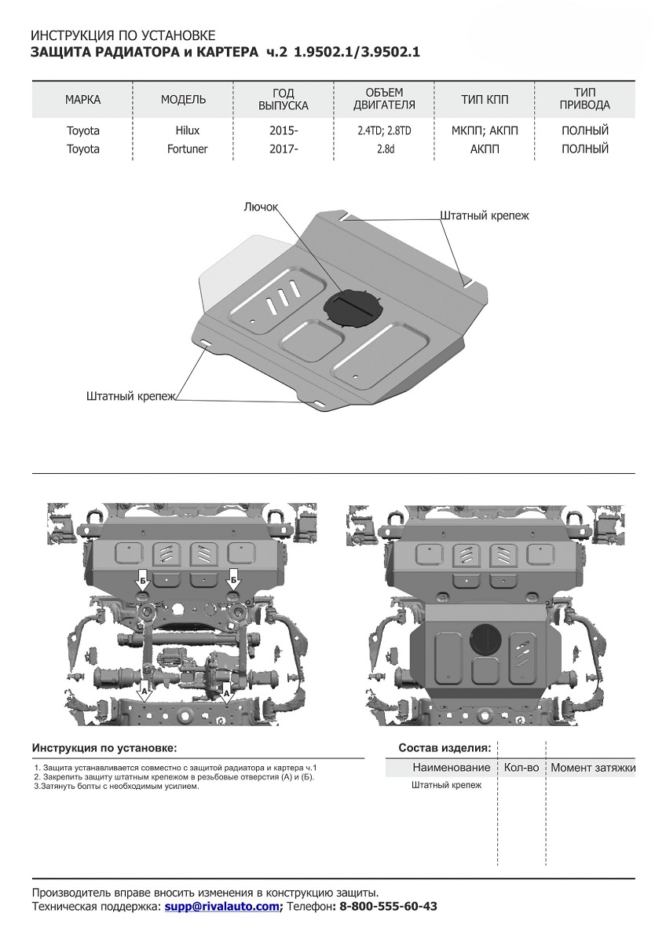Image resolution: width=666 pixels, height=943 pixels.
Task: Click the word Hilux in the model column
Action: (x=183, y=130)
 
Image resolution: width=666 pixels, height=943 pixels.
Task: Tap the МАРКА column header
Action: (x=82, y=99)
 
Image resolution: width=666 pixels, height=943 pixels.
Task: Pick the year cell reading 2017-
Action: (x=284, y=149)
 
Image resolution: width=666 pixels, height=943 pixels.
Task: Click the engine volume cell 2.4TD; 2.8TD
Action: (x=384, y=130)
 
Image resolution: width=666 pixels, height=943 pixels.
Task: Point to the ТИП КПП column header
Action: (x=485, y=99)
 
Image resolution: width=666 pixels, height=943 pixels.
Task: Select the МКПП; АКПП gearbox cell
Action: (x=485, y=130)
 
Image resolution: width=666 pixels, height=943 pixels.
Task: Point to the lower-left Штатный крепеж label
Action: (x=132, y=397)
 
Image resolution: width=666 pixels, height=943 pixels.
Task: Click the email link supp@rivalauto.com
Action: (x=222, y=906)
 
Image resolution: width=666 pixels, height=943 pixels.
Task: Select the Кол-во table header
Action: (x=521, y=767)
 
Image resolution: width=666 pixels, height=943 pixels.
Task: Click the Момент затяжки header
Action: (x=592, y=767)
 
